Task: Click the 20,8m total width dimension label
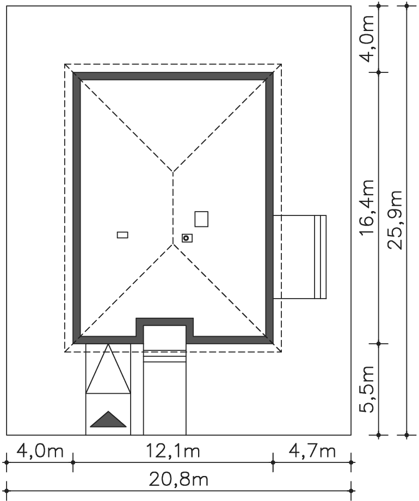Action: pyautogui.click(x=179, y=479)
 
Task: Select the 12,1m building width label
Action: pyautogui.click(x=173, y=451)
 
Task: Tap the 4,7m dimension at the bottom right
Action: pyautogui.click(x=312, y=451)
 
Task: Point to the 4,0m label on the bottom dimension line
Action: pyautogui.click(x=40, y=451)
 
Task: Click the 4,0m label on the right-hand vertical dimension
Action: pyautogui.click(x=366, y=38)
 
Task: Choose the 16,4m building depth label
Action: pyautogui.click(x=366, y=207)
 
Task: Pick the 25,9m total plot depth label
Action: pyautogui.click(x=395, y=220)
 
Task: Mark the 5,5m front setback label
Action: pyautogui.click(x=366, y=389)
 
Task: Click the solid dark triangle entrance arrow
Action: pyautogui.click(x=108, y=419)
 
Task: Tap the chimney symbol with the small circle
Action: pyautogui.click(x=187, y=238)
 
